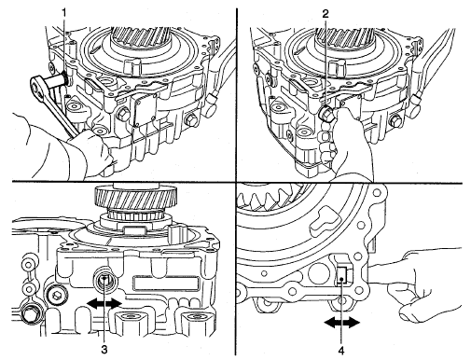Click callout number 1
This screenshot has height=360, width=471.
(64, 13)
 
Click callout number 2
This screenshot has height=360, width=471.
(326, 14)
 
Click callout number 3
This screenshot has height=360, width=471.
(104, 350)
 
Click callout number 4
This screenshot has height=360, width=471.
(341, 351)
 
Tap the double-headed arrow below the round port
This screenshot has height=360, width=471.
(104, 303)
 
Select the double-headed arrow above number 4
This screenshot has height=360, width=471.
(341, 324)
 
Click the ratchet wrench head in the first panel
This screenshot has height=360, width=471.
(38, 86)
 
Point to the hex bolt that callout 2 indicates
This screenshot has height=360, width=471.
(326, 114)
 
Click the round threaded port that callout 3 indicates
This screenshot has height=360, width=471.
(105, 280)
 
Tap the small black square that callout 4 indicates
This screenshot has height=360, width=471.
(342, 276)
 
